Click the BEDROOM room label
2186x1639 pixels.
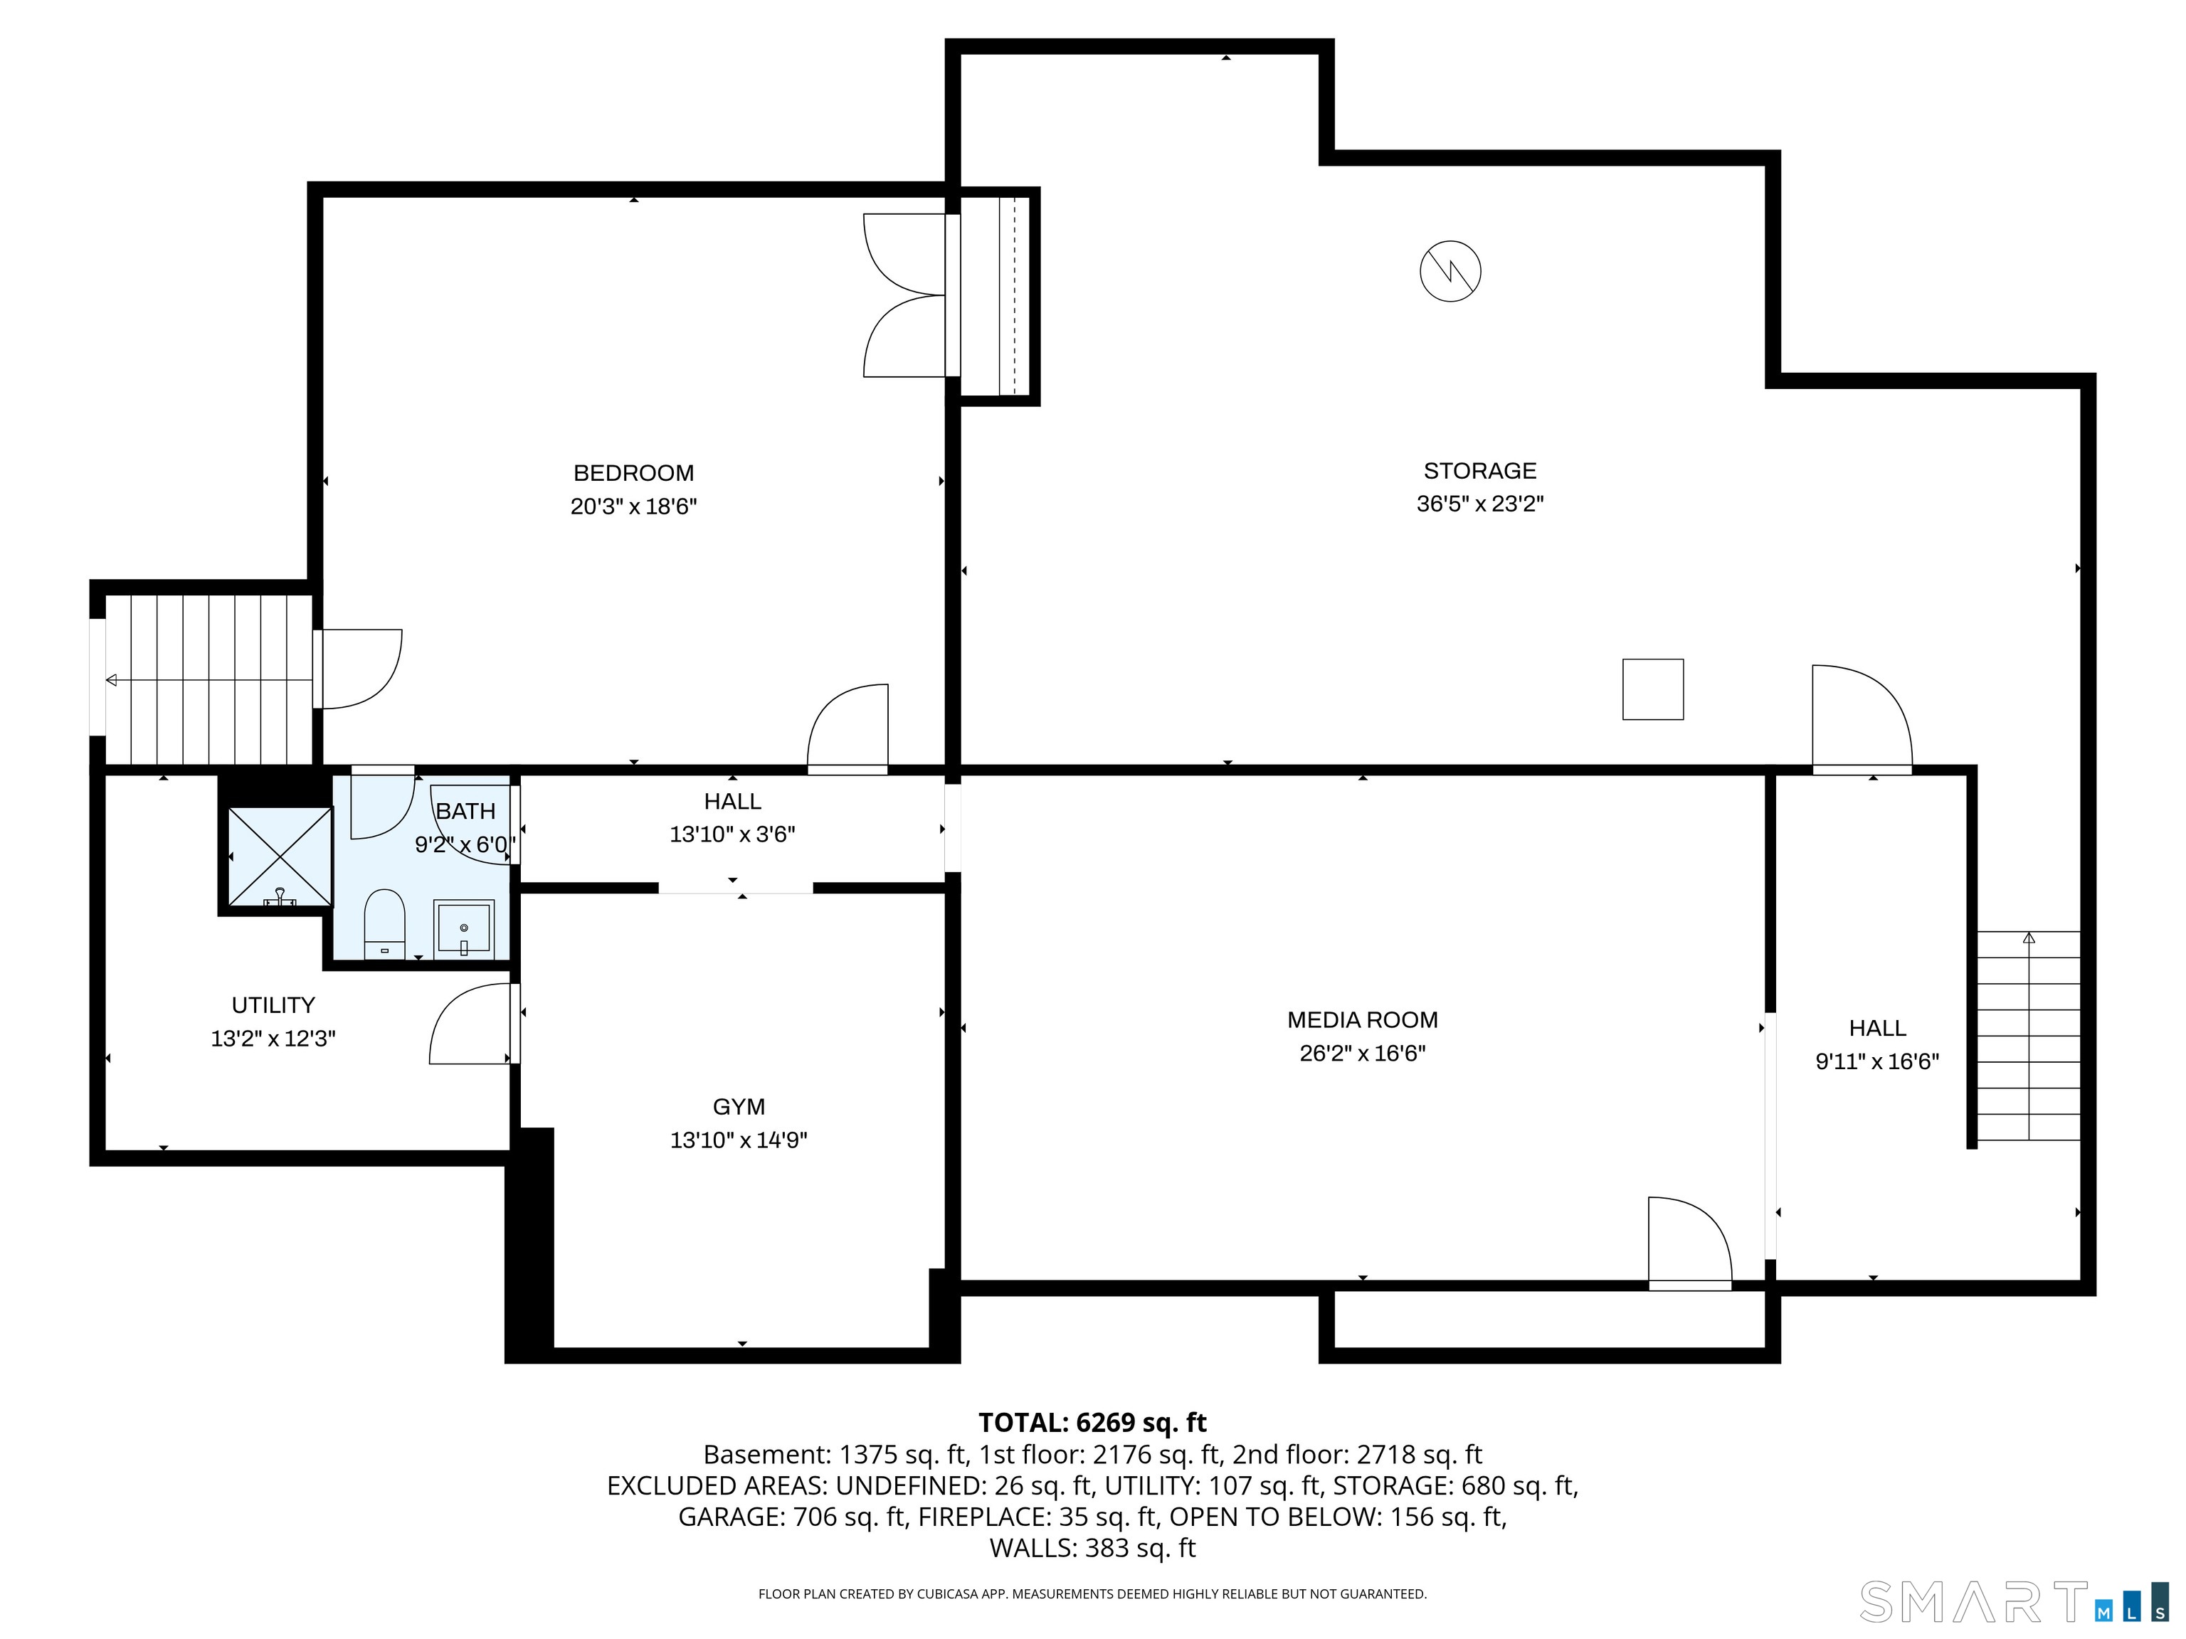(633, 473)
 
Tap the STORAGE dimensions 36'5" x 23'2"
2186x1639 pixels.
(1479, 504)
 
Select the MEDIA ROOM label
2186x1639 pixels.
(1362, 1019)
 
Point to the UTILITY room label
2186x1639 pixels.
(273, 1004)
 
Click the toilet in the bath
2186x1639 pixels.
(384, 924)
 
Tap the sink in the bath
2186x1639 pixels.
(463, 928)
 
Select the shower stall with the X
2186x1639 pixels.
(280, 856)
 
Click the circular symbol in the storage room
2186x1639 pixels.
(1450, 271)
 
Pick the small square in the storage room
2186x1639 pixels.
(1652, 689)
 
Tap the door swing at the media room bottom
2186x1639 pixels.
(1688, 1242)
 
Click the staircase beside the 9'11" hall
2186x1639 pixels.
(2028, 1035)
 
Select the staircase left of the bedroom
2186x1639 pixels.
(208, 679)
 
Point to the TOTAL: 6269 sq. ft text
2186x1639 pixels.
(1092, 1423)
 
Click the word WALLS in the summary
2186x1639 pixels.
(1032, 1548)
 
